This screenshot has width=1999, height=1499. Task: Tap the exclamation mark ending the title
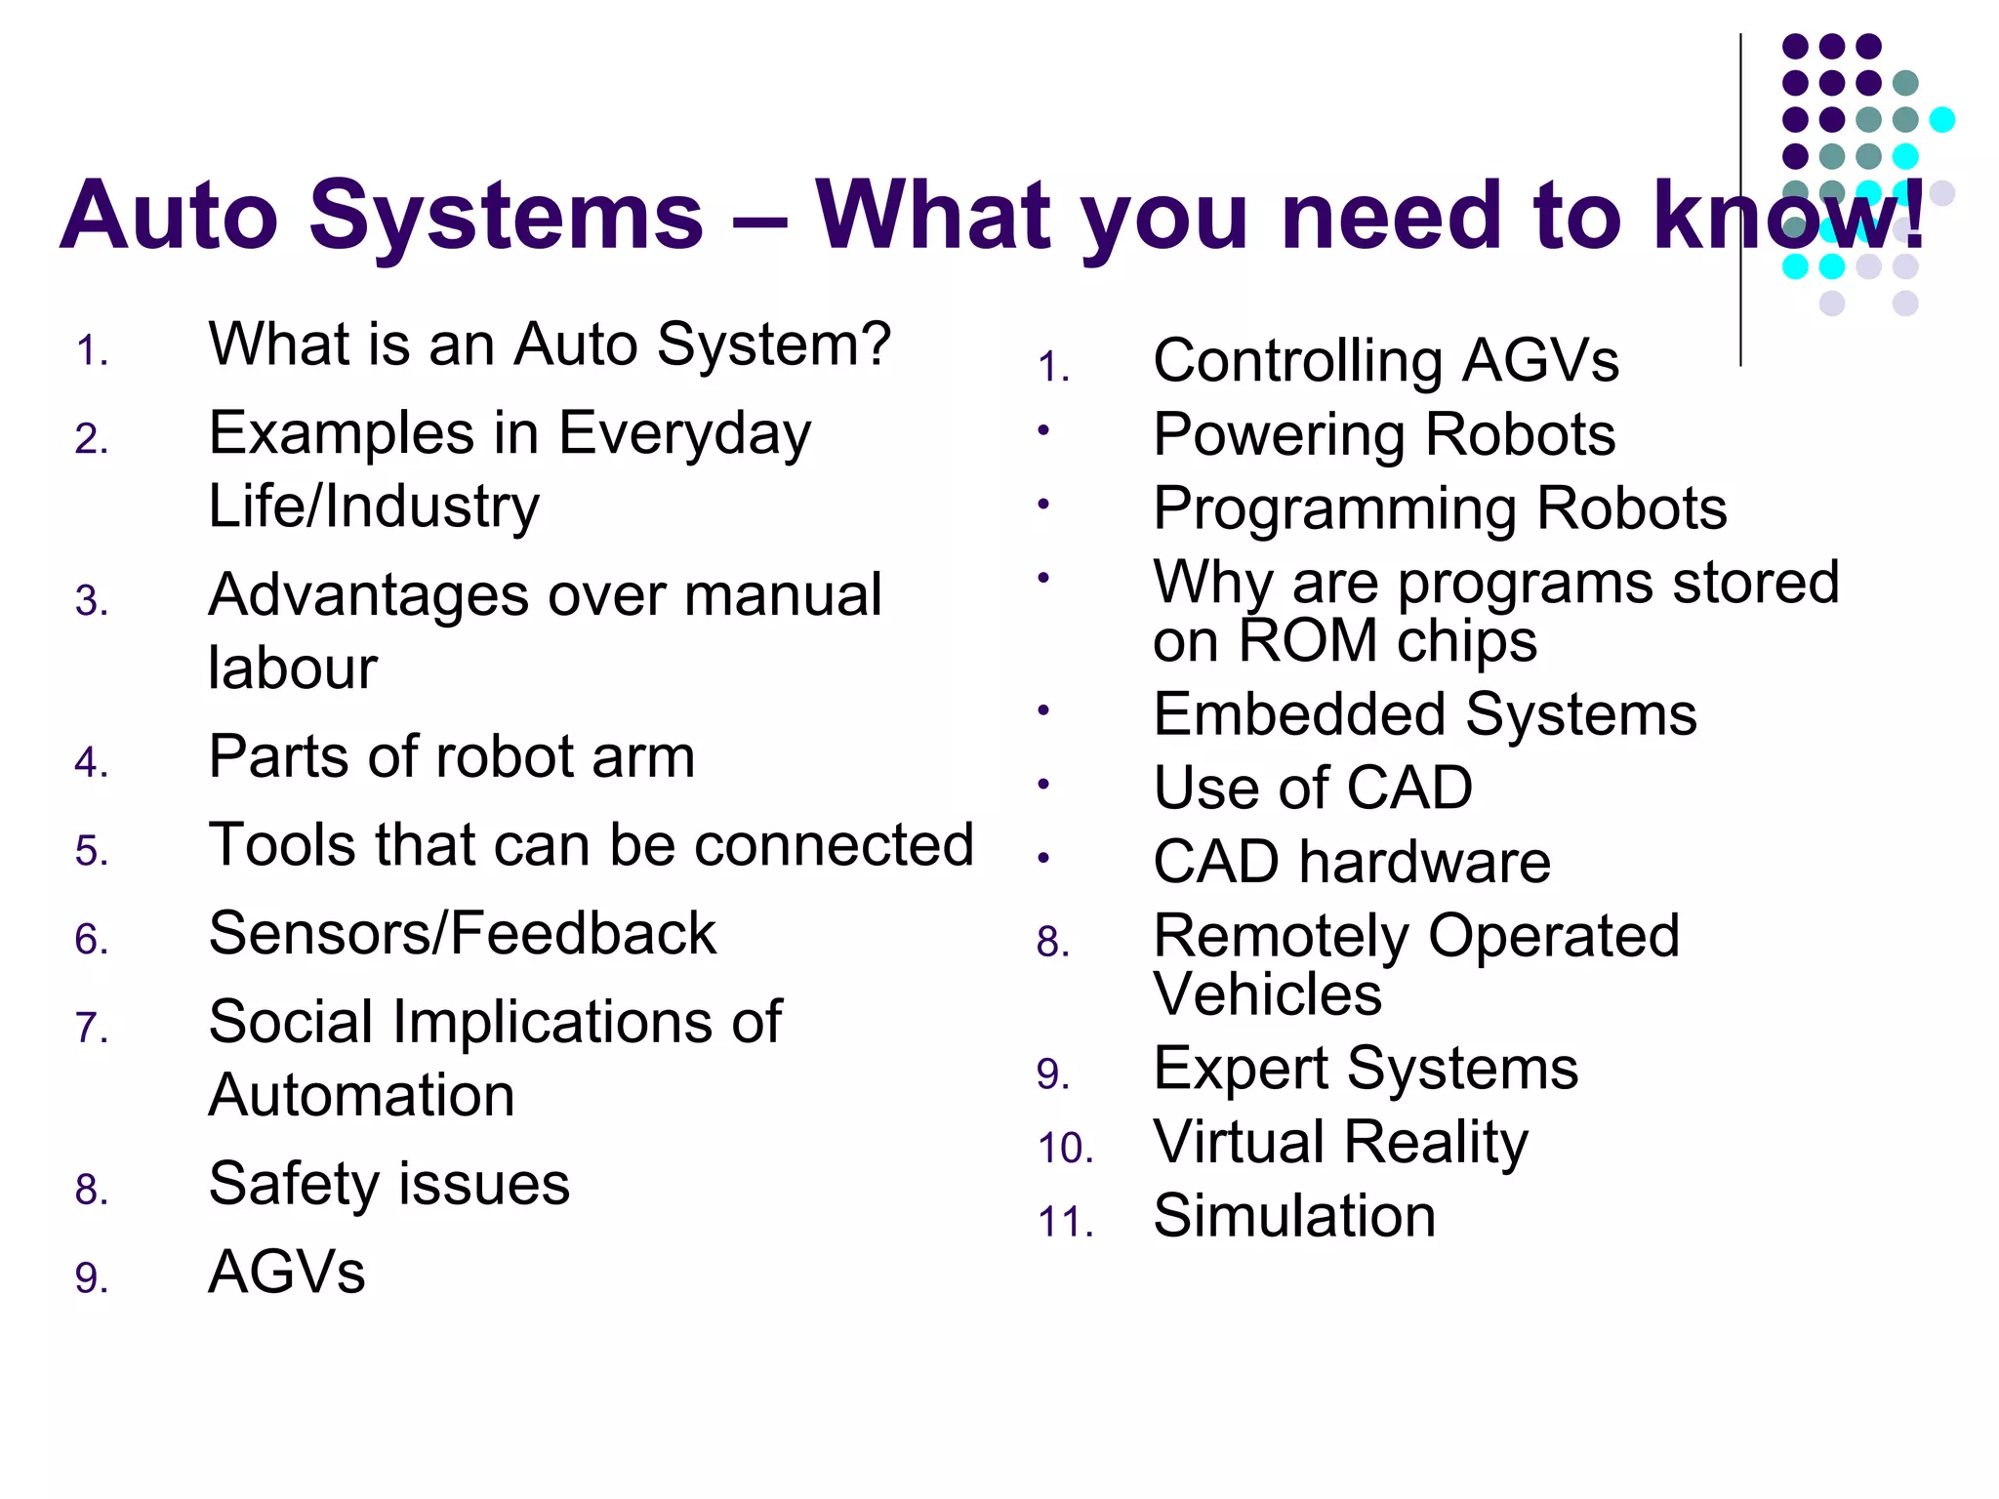pyautogui.click(x=1915, y=215)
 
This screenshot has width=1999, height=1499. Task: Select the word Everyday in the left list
pyautogui.click(x=684, y=435)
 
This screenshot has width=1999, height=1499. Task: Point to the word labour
pyautogui.click(x=293, y=668)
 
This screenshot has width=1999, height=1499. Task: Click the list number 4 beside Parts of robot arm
pyautogui.click(x=90, y=763)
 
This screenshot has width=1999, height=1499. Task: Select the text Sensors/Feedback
pyautogui.click(x=463, y=934)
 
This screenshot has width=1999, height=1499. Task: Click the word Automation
pyautogui.click(x=361, y=1095)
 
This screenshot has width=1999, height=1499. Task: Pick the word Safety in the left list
pyautogui.click(x=297, y=1184)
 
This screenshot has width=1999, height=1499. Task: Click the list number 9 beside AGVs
pyautogui.click(x=90, y=1278)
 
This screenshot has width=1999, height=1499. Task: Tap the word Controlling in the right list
pyautogui.click(x=1297, y=361)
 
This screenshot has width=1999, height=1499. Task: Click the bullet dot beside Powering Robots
pyautogui.click(x=1043, y=429)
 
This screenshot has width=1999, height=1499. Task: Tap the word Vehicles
pyautogui.click(x=1267, y=994)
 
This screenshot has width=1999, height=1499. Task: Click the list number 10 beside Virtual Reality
pyautogui.click(x=1064, y=1149)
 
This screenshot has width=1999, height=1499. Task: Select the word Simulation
pyautogui.click(x=1294, y=1217)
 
